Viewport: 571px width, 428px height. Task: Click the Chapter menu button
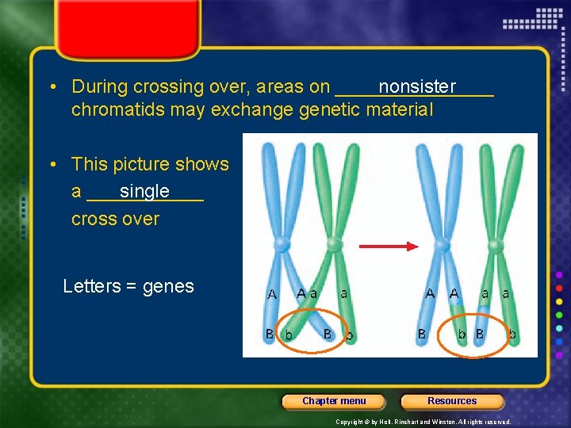[334, 401]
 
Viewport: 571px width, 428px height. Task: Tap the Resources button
[452, 401]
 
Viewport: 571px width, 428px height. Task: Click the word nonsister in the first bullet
[417, 86]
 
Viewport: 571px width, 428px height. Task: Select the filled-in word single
[144, 191]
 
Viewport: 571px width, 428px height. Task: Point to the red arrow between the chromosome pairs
[388, 246]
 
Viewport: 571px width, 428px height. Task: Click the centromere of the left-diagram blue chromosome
[282, 243]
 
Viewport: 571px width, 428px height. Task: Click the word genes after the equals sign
[168, 286]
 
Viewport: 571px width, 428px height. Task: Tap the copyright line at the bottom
[423, 422]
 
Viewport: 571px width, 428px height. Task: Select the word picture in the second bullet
[142, 164]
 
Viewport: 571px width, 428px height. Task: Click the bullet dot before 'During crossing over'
[51, 86]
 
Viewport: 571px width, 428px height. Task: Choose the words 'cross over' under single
[115, 219]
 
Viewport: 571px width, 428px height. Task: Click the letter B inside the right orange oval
[479, 334]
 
